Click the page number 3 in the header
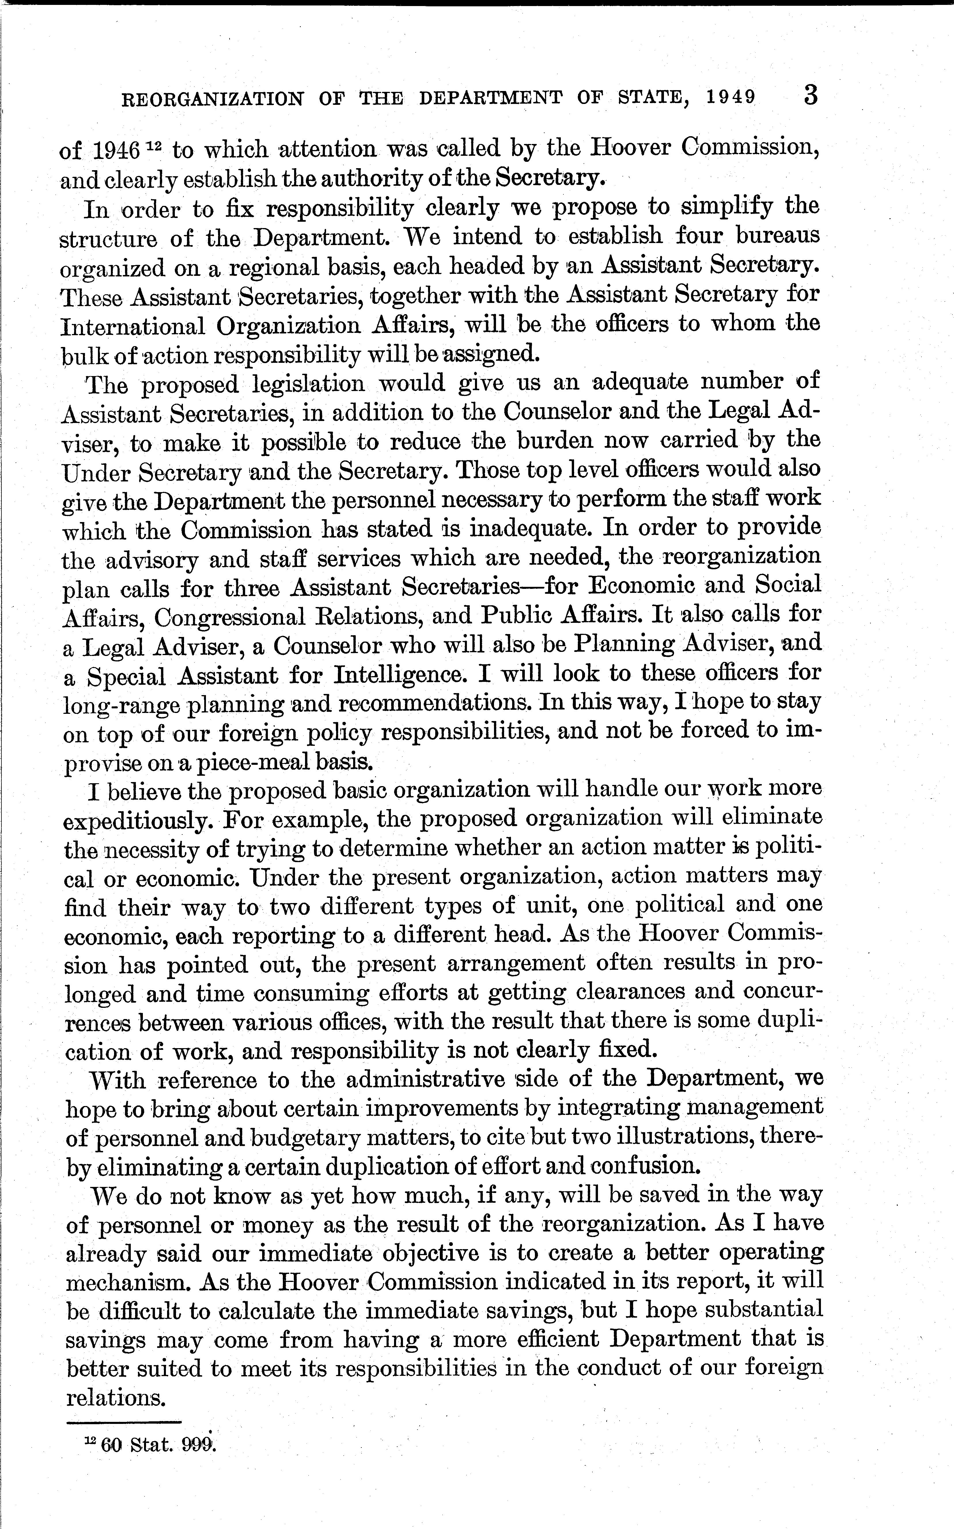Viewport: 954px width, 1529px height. pos(811,96)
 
